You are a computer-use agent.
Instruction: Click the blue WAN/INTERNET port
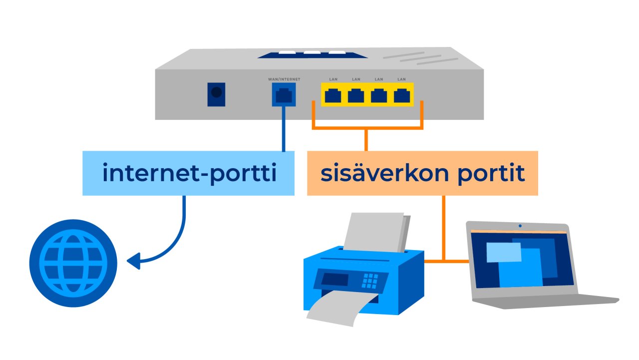(x=284, y=95)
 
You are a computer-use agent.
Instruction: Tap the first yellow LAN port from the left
(x=333, y=95)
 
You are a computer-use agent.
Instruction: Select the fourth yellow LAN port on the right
(x=401, y=95)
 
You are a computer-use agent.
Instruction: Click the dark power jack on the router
(x=216, y=94)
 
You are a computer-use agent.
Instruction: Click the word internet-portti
(x=189, y=173)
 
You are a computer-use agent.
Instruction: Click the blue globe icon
(x=73, y=263)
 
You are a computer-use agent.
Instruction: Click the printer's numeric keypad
(x=370, y=280)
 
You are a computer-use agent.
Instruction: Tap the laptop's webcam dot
(x=520, y=226)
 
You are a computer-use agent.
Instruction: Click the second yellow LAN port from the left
(x=356, y=95)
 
